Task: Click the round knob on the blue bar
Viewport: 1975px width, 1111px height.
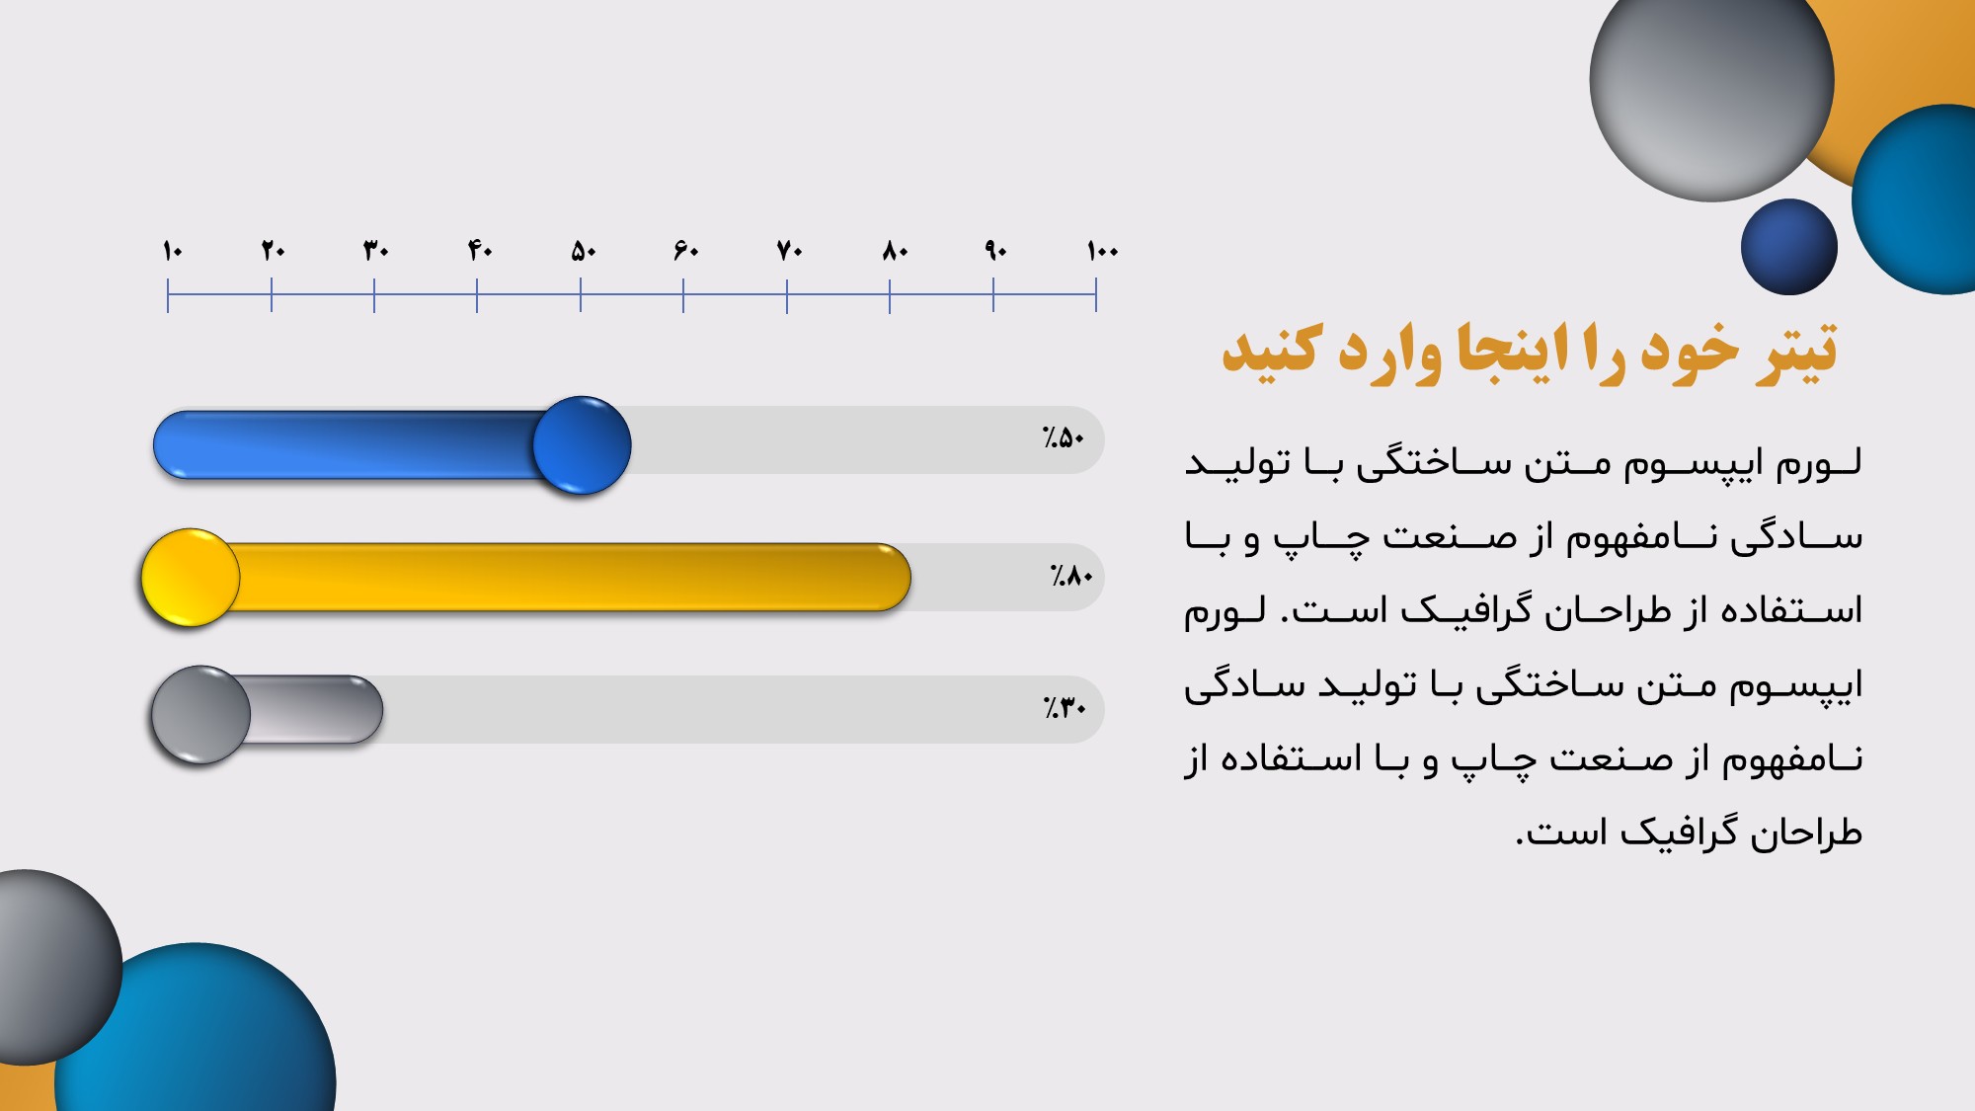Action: tap(582, 445)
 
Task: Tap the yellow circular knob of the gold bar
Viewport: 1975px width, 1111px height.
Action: tap(191, 578)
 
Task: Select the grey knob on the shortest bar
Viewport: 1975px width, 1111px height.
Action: tap(200, 715)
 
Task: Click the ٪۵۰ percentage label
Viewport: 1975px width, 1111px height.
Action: tap(1064, 437)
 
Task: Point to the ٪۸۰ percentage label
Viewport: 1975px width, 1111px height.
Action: tap(1071, 575)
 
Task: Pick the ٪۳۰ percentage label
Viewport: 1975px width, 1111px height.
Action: tap(1065, 707)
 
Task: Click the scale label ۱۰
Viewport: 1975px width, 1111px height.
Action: tap(173, 251)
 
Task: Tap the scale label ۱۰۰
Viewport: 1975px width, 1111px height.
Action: tap(1103, 251)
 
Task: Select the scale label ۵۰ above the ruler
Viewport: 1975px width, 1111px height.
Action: tap(584, 251)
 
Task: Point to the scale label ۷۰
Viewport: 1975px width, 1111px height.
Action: tap(790, 251)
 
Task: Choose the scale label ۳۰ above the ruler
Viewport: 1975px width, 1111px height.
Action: tap(376, 251)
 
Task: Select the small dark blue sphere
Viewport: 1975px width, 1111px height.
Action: tap(1789, 247)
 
